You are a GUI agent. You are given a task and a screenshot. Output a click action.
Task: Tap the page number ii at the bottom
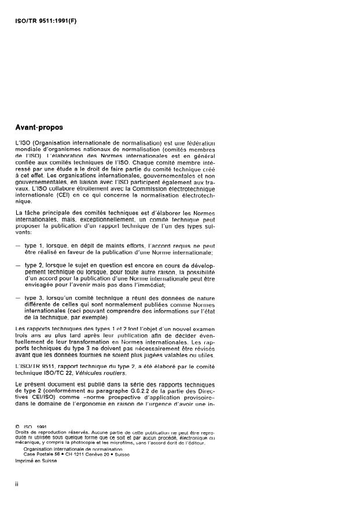click(18, 485)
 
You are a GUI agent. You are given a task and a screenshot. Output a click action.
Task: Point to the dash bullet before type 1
click(19, 246)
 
